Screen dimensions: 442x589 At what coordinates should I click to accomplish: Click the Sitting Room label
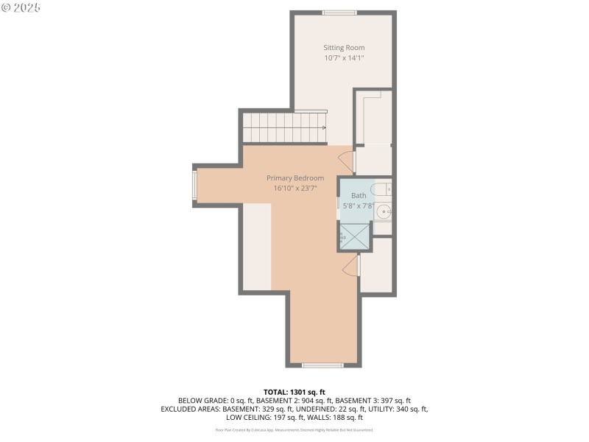tap(344, 48)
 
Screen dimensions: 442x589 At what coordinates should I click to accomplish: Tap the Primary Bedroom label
tap(294, 178)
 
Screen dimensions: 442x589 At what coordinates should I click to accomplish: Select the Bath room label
tap(358, 195)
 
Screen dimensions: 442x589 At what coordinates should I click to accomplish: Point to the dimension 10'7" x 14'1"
tap(344, 58)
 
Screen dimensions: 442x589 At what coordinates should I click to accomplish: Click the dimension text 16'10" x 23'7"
tap(294, 189)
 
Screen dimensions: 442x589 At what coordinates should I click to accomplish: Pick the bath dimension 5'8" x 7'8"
tap(359, 206)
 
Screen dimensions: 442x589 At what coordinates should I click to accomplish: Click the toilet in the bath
tap(381, 190)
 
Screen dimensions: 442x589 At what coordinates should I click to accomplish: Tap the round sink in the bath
tap(383, 212)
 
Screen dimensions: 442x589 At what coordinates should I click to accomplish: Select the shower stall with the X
tap(355, 238)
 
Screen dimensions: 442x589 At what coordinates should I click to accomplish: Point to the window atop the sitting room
tap(339, 13)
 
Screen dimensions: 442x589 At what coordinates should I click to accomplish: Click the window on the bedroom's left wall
tap(195, 186)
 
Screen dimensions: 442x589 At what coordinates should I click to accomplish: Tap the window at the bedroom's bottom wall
tap(322, 365)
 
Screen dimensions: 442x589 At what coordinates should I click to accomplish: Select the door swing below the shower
tap(350, 265)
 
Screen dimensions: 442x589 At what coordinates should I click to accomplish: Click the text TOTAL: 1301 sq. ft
tap(294, 392)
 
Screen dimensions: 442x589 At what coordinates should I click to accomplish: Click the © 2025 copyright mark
tap(21, 7)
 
